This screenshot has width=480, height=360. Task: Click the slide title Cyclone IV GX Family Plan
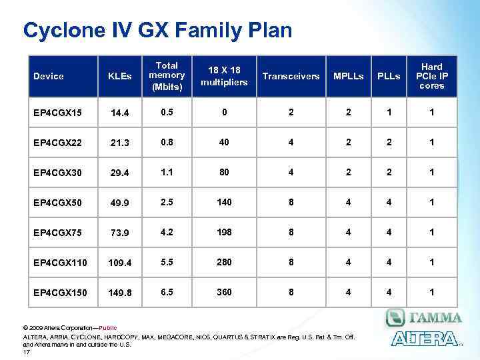[x=157, y=30]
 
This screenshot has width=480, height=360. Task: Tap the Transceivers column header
[x=291, y=76]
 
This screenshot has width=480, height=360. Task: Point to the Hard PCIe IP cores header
[x=432, y=76]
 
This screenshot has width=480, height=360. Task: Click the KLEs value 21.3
[x=121, y=143]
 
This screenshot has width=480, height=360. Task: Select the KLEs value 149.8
[x=121, y=292]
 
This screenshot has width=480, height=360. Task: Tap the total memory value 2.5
[x=167, y=201]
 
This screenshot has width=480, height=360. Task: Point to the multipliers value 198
[x=224, y=232]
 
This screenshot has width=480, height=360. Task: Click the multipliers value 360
[x=224, y=291]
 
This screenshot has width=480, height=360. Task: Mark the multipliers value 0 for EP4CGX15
[x=224, y=112]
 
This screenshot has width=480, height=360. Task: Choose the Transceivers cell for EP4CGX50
[x=291, y=201]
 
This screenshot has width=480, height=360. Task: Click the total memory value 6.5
[x=167, y=291]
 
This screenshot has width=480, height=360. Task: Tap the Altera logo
[x=425, y=338]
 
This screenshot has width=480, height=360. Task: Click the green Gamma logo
[x=423, y=317]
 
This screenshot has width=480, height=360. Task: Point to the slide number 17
[x=27, y=351]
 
